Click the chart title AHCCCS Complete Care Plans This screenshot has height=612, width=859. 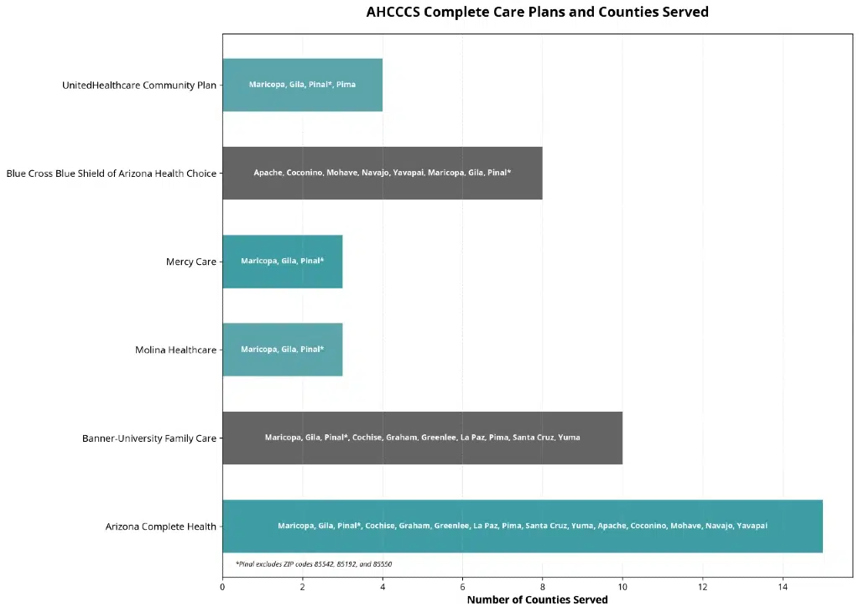click(x=537, y=13)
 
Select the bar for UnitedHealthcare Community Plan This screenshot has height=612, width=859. click(x=302, y=85)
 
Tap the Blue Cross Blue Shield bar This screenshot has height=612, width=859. click(x=382, y=173)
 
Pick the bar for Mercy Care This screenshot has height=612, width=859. click(x=282, y=262)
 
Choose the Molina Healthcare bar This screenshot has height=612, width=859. click(x=282, y=350)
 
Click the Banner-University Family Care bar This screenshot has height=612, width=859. click(x=422, y=438)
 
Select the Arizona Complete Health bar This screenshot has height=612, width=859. click(x=522, y=526)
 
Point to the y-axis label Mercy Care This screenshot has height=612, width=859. click(x=190, y=262)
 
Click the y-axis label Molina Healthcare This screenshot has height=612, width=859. click(x=175, y=350)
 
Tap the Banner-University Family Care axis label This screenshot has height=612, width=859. click(x=148, y=438)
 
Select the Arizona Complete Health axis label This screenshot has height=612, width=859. click(x=160, y=526)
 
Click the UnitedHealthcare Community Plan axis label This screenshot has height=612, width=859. click(x=138, y=86)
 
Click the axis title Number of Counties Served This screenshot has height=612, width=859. click(x=537, y=600)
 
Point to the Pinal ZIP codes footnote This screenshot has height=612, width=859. click(x=313, y=564)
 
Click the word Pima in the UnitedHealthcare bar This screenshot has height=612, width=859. click(x=346, y=85)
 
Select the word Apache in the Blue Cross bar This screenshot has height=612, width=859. click(x=268, y=173)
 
